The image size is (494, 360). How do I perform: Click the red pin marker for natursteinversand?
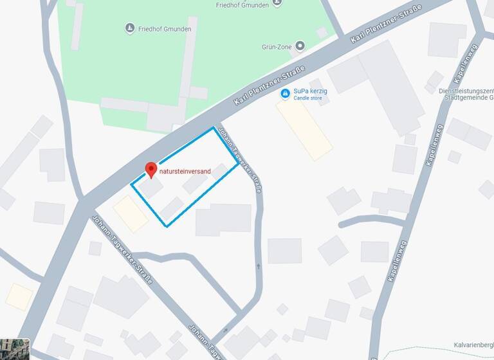click(151, 170)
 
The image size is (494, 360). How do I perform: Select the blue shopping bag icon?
click(285, 94)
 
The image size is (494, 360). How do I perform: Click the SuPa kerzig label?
click(310, 91)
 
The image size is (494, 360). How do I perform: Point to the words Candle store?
click(309, 98)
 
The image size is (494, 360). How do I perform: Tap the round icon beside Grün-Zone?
click(300, 46)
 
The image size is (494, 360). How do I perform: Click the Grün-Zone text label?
click(277, 46)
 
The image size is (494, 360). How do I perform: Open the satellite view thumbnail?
click(15, 348)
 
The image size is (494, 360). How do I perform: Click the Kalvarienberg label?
click(473, 345)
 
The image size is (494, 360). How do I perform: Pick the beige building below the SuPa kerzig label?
click(304, 129)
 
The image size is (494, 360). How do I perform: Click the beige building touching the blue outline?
click(131, 213)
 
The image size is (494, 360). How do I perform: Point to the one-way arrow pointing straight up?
click(257, 265)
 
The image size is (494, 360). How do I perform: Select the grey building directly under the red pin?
click(152, 187)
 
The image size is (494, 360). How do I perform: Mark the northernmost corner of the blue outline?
click(214, 129)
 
